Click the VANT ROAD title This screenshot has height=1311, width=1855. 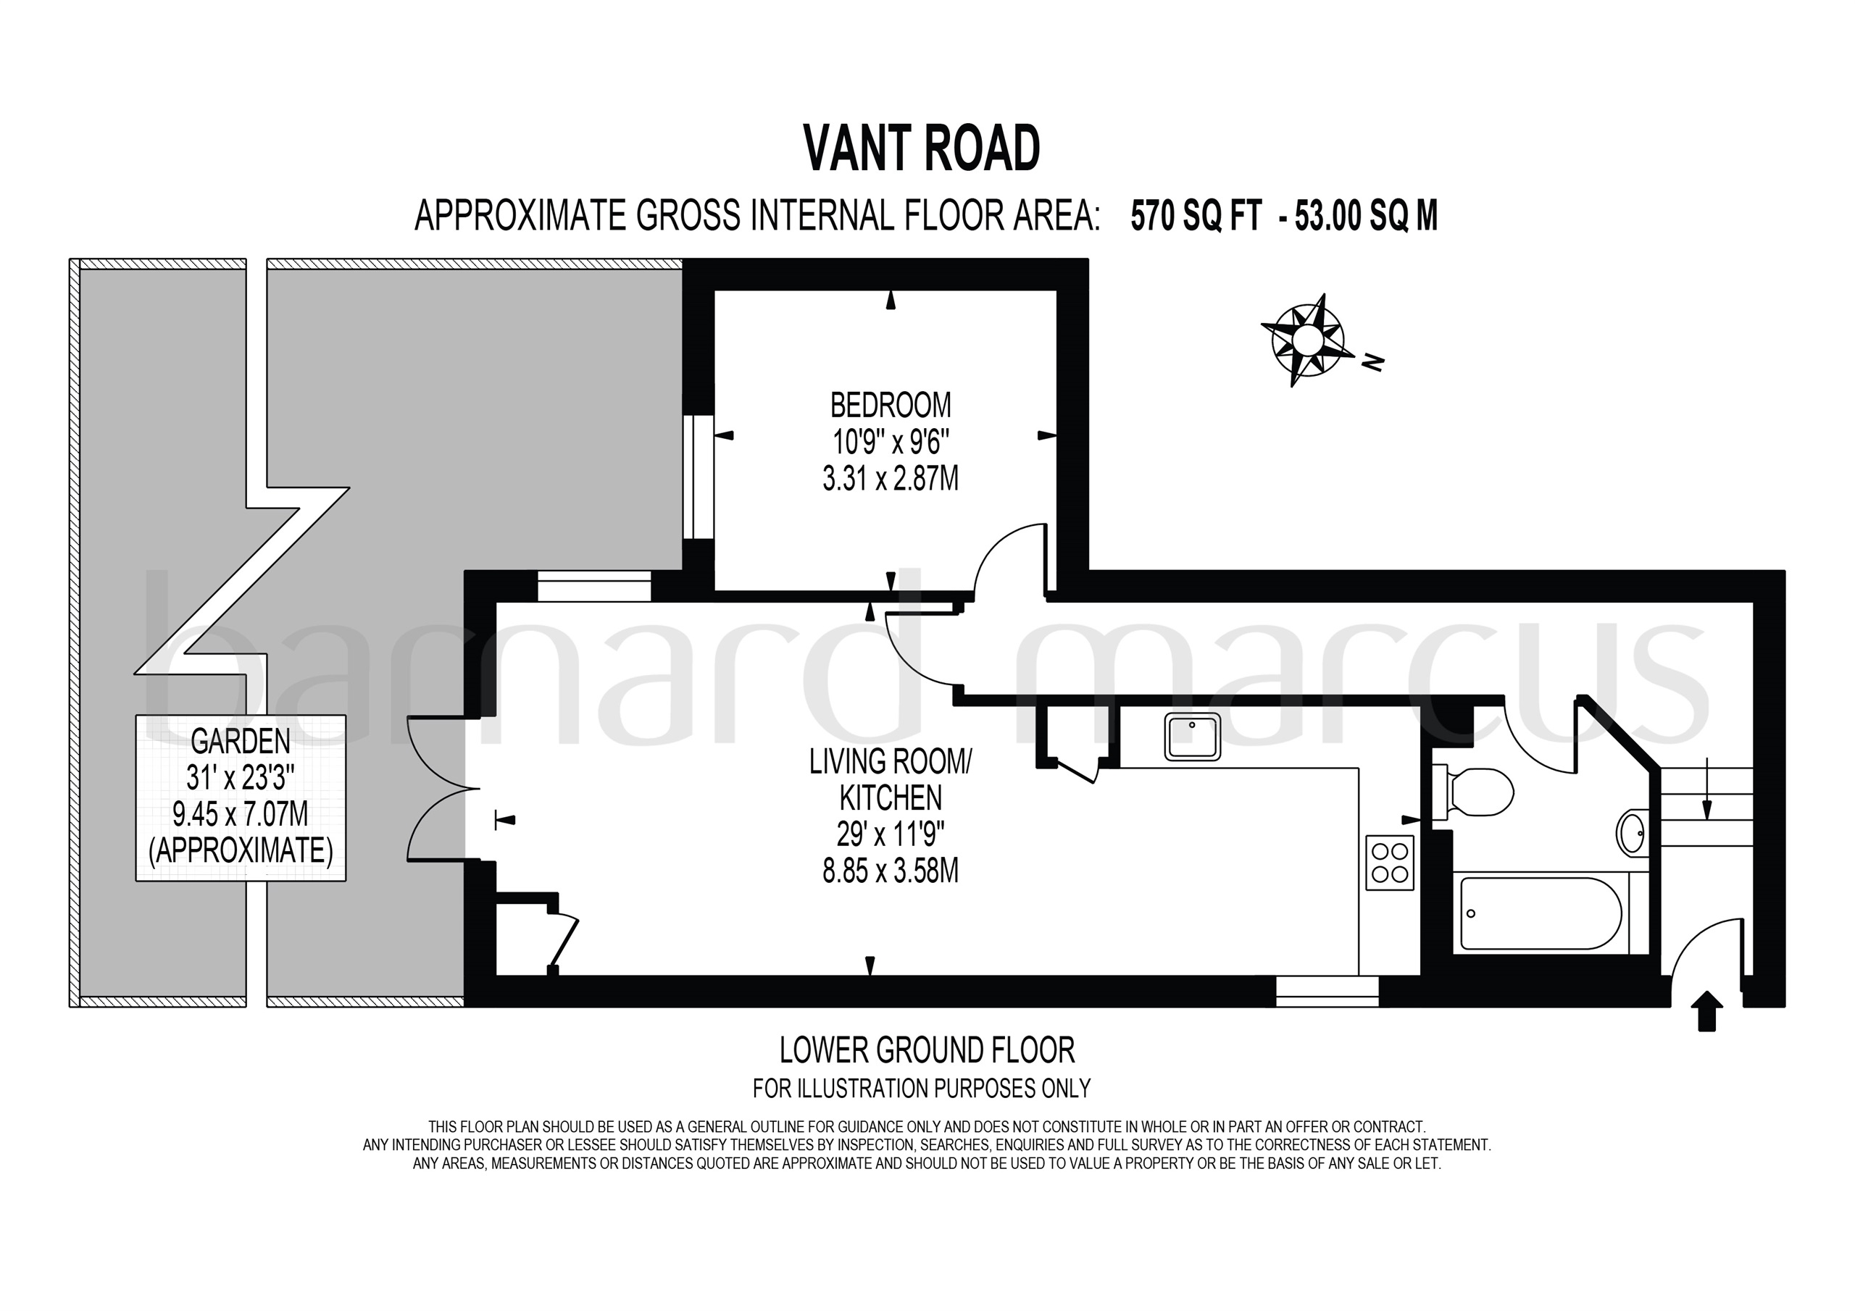(922, 149)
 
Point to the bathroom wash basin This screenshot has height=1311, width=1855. (1633, 833)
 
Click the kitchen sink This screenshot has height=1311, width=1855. (1193, 737)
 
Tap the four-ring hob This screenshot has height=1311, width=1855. (1390, 863)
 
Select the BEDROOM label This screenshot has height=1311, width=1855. (891, 404)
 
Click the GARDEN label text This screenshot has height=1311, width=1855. (240, 740)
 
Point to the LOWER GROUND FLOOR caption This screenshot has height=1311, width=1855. (927, 1051)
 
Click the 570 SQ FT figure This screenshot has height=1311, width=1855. (1196, 217)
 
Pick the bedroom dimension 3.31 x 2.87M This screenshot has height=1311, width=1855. (891, 479)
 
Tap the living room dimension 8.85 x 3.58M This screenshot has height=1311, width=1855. (891, 871)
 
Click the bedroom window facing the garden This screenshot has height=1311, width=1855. (698, 477)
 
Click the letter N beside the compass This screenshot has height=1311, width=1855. (1371, 364)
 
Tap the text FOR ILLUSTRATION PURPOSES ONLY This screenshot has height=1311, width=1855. (922, 1089)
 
